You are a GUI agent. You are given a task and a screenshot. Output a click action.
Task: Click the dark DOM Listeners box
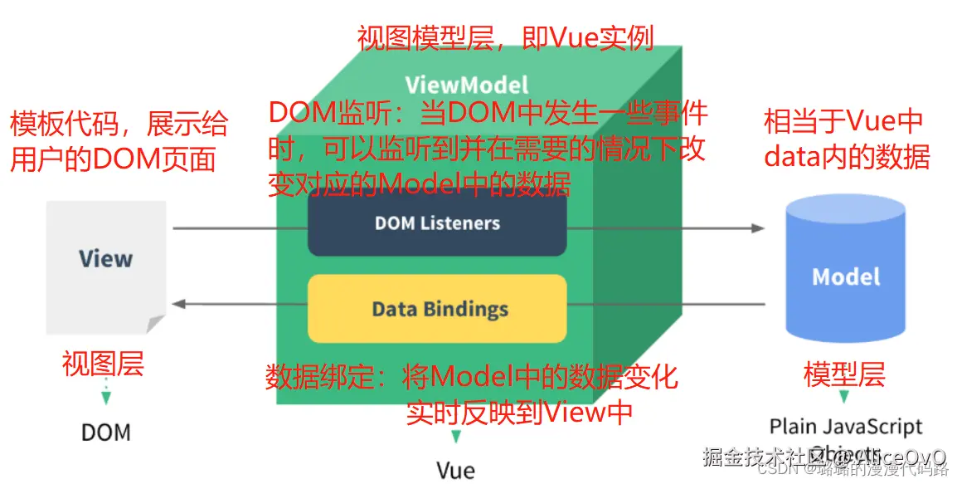(437, 223)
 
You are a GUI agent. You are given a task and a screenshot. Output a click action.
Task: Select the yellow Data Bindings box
(437, 310)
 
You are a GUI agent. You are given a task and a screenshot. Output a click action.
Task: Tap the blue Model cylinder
(845, 269)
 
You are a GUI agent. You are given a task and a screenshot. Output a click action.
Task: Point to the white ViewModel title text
(466, 85)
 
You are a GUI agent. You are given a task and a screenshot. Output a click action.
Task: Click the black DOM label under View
(106, 433)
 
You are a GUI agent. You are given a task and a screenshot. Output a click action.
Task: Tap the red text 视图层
(103, 364)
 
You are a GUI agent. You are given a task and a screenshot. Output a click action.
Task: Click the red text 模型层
(844, 374)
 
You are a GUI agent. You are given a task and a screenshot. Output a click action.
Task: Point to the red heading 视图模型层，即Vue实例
(505, 37)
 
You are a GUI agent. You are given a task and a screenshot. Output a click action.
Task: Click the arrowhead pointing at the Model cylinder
(756, 228)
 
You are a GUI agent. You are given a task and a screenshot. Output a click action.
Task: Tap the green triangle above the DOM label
(105, 398)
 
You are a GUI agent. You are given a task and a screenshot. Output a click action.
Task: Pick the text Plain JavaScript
(845, 427)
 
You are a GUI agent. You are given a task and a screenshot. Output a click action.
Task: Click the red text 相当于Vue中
(843, 122)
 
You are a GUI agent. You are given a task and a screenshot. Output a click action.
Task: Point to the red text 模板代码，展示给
(119, 125)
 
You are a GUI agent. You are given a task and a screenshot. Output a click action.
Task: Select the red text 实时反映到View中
(518, 413)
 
